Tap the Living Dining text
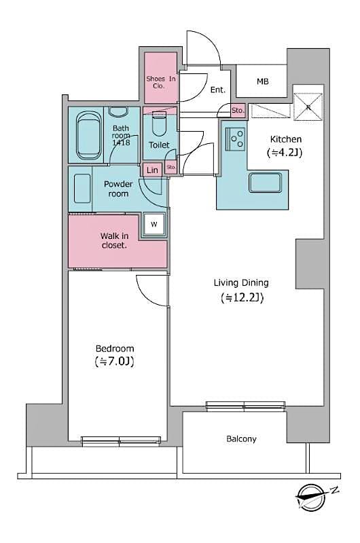(x=241, y=283)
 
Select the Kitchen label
(x=285, y=139)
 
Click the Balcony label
(x=241, y=439)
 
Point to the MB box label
(x=262, y=81)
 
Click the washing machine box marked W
(x=154, y=225)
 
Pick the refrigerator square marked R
(x=308, y=106)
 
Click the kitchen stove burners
(x=236, y=139)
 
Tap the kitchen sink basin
(x=266, y=183)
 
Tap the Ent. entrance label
(x=217, y=90)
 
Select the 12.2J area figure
(x=242, y=298)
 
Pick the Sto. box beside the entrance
(x=238, y=109)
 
